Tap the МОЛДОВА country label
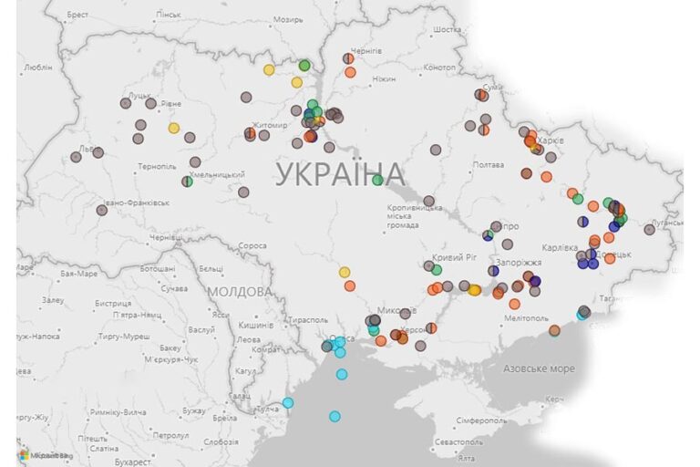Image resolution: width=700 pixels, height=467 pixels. (x=239, y=291)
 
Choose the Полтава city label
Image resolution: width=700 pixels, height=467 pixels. (x=488, y=165)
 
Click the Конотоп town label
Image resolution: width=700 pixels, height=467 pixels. (x=439, y=67)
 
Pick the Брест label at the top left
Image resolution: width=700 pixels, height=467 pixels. (x=77, y=16)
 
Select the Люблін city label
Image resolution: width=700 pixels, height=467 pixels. (x=37, y=67)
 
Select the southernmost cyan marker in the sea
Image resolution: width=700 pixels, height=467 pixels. (x=335, y=417)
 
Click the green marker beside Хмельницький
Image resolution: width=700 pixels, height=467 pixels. (x=187, y=182)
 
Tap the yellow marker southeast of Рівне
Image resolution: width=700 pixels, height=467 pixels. (x=173, y=128)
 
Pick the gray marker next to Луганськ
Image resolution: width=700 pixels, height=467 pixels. (x=650, y=230)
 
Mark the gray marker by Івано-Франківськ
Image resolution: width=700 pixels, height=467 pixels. (x=101, y=210)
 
